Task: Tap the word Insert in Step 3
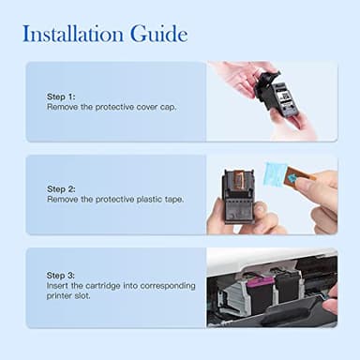point(59,286)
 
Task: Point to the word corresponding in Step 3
point(168,286)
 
